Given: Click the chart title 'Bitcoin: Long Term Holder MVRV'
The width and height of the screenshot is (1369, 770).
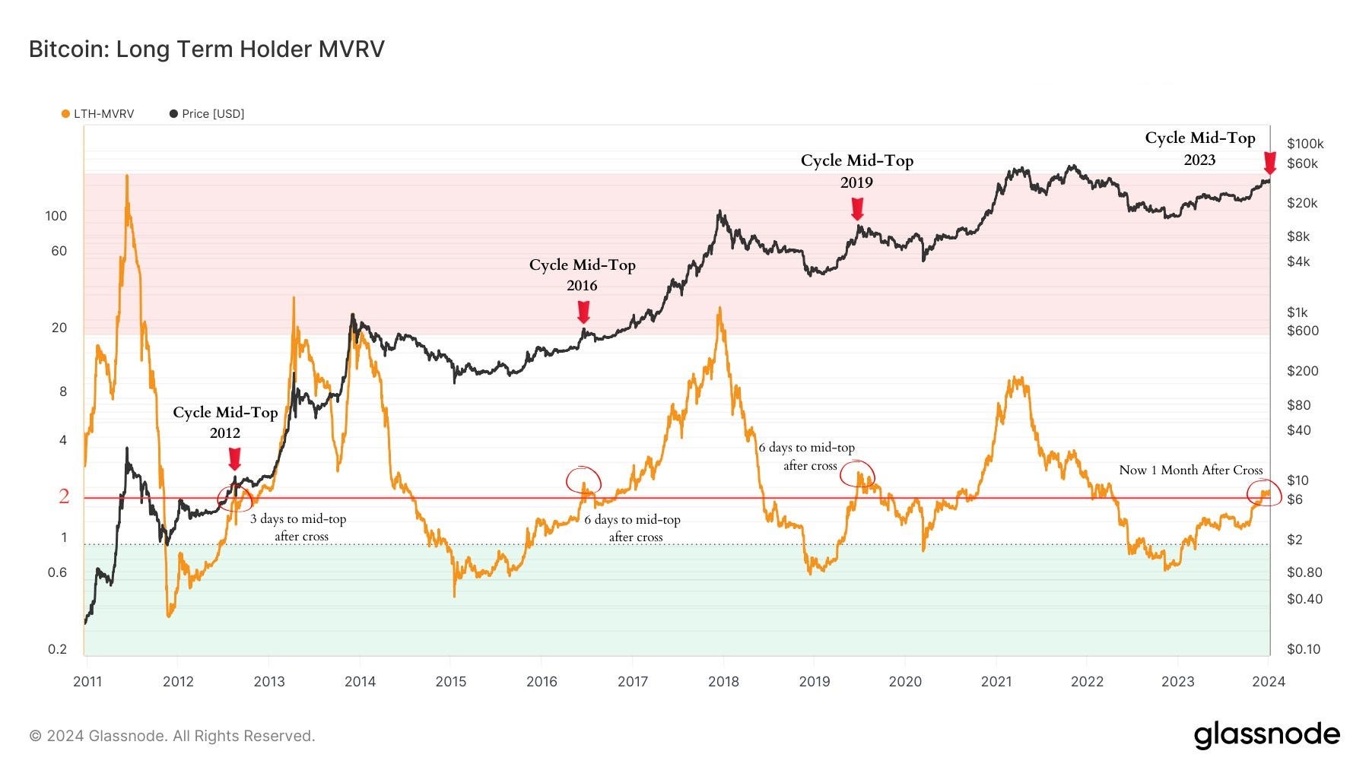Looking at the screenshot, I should [206, 49].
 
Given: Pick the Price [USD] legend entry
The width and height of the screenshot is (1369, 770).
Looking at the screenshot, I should [207, 114].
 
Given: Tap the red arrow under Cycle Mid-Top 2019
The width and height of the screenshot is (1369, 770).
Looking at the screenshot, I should [857, 208].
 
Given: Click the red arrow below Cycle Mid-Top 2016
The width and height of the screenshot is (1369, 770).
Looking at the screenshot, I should [583, 312].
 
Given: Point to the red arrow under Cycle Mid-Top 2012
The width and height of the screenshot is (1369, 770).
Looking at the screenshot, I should [234, 458].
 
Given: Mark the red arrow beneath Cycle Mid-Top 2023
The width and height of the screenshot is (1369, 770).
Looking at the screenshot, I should [1269, 163].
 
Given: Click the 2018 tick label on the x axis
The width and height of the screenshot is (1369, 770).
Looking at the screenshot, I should [723, 682].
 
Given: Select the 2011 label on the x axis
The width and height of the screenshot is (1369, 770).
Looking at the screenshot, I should [87, 682].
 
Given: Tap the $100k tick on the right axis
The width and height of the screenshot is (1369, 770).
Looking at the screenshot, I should [1305, 144].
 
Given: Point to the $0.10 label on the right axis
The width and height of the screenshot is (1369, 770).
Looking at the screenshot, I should [1304, 649].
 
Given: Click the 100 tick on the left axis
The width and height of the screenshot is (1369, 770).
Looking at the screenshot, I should [56, 216].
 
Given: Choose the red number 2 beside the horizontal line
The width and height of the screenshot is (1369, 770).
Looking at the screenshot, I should [64, 496].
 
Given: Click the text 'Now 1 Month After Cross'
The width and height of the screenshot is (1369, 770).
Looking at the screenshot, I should [1190, 471].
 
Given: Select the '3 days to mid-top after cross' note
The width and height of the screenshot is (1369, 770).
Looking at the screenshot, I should [299, 527].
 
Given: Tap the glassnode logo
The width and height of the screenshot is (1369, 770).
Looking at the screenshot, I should [1266, 735].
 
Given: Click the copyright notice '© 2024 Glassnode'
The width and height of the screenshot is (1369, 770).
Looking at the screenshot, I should [172, 736].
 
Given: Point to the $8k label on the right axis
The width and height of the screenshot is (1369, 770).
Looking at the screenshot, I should [1298, 236].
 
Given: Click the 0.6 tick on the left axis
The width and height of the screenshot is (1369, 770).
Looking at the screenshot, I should [58, 572].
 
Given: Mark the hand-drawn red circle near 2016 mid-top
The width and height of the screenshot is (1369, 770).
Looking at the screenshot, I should [583, 480].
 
